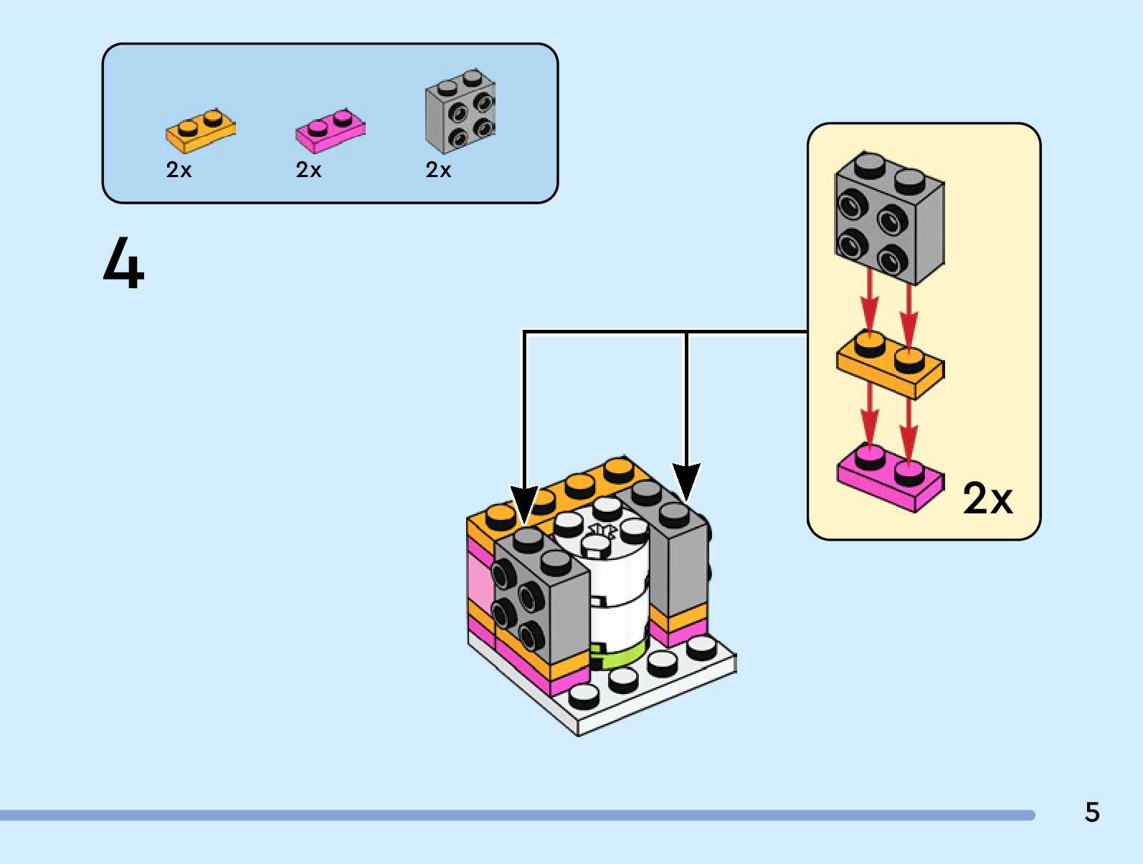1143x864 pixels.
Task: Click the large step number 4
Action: click(124, 263)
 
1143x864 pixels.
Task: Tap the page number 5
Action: click(1091, 812)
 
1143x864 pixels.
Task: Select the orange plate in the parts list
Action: click(200, 130)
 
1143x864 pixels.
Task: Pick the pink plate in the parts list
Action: click(330, 131)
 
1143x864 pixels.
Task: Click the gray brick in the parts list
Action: click(460, 112)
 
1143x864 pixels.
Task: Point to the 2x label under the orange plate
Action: click(179, 170)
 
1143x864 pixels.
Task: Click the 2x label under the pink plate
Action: click(308, 170)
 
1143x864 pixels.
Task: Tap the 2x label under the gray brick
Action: click(438, 170)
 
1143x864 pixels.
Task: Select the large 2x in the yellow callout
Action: click(987, 498)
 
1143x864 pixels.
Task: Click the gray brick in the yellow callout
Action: click(889, 219)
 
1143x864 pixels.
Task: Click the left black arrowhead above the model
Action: click(524, 502)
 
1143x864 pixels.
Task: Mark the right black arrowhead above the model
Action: click(686, 479)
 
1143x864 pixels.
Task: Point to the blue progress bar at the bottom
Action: click(516, 815)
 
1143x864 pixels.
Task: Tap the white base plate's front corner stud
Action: click(584, 696)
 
